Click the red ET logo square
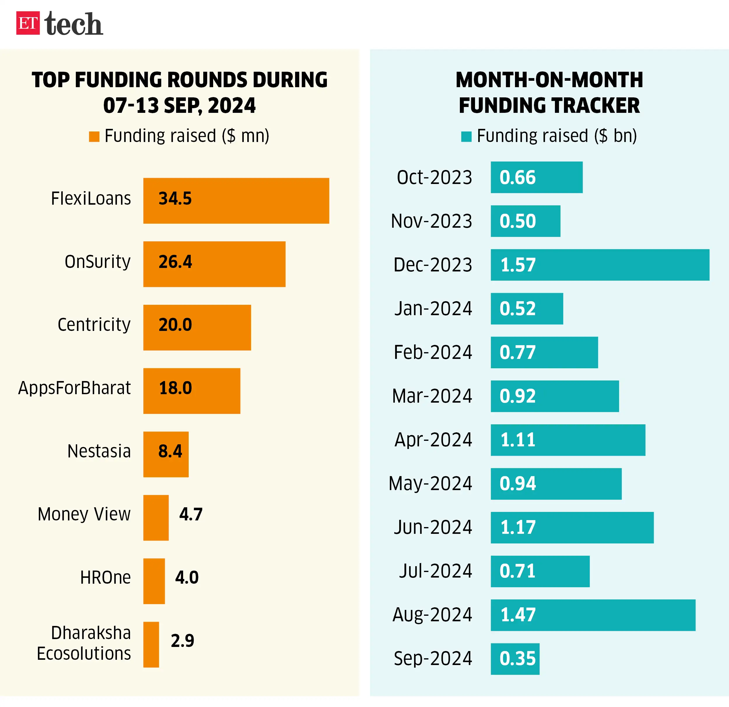pyautogui.click(x=28, y=23)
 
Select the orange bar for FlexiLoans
pyautogui.click(x=236, y=201)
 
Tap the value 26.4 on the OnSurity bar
pyautogui.click(x=175, y=262)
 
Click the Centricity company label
pyautogui.click(x=94, y=325)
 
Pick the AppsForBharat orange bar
pyautogui.click(x=192, y=391)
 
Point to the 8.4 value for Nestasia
pyautogui.click(x=170, y=451)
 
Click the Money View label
pyautogui.click(x=84, y=514)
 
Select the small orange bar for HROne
pyautogui.click(x=154, y=581)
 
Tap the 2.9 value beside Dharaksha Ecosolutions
pyautogui.click(x=182, y=641)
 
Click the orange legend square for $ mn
pyautogui.click(x=94, y=136)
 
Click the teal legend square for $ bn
pyautogui.click(x=466, y=136)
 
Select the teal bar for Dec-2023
pyautogui.click(x=600, y=265)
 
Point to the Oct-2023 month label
pyautogui.click(x=434, y=177)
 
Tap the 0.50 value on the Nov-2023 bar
pyautogui.click(x=517, y=221)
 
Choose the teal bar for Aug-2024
pyautogui.click(x=593, y=615)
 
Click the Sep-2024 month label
pyautogui.click(x=432, y=659)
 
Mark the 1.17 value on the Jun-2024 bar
pyautogui.click(x=518, y=527)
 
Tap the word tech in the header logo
pyautogui.click(x=74, y=24)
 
